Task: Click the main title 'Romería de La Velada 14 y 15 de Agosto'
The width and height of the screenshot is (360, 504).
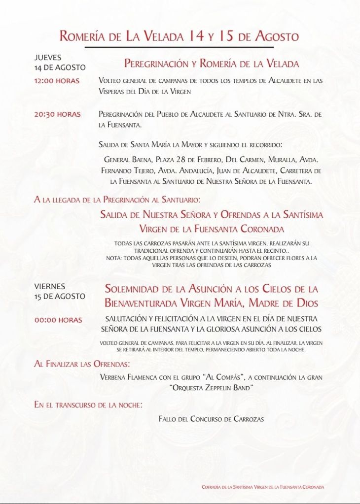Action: coord(179,36)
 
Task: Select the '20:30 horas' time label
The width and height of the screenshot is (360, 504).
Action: coord(57,114)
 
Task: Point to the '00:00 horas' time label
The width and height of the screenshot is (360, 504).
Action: coord(58,320)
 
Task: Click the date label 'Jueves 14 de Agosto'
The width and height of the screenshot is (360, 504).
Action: coord(60,63)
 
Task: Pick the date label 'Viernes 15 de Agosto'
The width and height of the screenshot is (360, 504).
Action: coord(60,291)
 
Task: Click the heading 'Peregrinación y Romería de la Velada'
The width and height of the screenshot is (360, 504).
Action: coord(211,64)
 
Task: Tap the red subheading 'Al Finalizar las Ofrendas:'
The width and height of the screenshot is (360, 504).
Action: coord(82,364)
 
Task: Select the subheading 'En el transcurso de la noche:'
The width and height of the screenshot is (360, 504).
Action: coord(88,405)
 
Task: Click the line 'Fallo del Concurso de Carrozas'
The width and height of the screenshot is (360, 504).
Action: coord(211,419)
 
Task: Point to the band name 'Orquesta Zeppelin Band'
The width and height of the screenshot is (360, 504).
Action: coord(212,388)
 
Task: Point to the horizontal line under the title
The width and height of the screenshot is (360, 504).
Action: coord(179,47)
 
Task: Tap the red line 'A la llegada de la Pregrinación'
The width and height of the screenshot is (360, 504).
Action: coord(117,200)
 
